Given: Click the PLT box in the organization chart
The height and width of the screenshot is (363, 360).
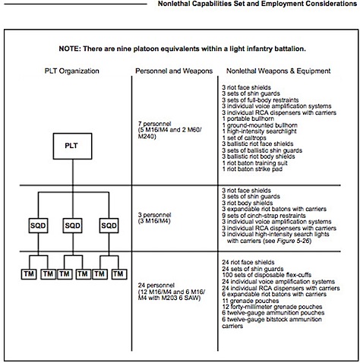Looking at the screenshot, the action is point(72,146).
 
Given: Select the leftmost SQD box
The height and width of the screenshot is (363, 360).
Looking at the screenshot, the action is point(38,226).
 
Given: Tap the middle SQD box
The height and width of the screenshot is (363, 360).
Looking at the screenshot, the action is point(72,226).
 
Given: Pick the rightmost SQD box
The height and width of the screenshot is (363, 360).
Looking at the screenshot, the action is point(109,226).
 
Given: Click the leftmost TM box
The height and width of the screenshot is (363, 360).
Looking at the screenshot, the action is point(29,274).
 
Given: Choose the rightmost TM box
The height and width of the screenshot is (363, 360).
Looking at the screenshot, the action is point(118,274).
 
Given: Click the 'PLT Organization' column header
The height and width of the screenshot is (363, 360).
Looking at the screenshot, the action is point(72,71).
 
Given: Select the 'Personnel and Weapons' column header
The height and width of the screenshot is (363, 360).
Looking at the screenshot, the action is point(174,71).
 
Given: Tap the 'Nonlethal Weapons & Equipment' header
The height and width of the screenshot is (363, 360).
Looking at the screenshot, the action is point(279,71).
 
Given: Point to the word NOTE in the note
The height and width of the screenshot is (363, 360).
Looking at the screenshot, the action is point(68,49).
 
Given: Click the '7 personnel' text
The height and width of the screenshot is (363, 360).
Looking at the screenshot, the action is point(154,124).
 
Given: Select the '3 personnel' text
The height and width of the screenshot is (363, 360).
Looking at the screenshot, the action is point(154,215).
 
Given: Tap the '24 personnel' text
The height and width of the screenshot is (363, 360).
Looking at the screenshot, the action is point(156,286).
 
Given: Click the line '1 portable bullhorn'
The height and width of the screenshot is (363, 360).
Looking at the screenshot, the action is point(248,118).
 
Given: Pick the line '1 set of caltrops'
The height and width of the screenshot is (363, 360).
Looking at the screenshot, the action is point(244,138).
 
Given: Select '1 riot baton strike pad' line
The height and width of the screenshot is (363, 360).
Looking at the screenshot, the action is point(252,169).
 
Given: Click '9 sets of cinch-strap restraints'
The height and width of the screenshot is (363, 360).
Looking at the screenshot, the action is point(264,216).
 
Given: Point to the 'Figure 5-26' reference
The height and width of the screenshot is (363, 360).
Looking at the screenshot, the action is point(294,241).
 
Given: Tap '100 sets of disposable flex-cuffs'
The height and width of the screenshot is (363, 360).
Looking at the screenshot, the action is point(267,275).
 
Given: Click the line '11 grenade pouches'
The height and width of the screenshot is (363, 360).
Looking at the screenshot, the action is point(251,301).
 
